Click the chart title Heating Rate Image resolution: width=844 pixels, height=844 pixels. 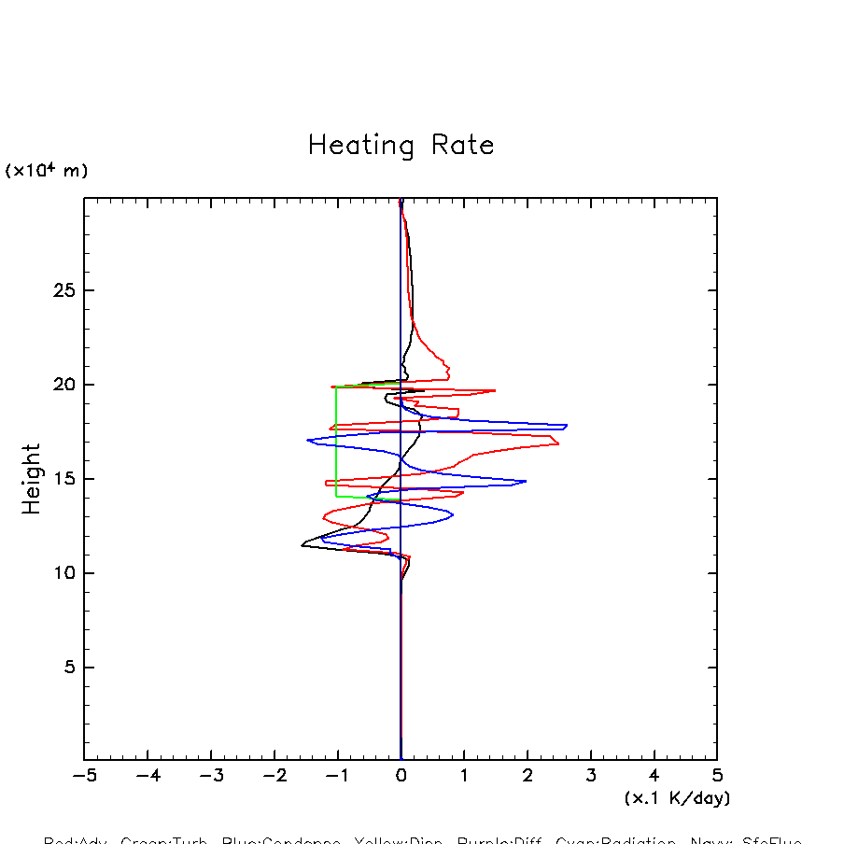[x=401, y=146]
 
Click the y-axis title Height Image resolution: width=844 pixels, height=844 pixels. [x=32, y=479]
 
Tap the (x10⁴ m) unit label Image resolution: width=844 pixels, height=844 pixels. [x=47, y=171]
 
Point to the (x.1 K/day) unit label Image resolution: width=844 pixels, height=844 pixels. [x=677, y=798]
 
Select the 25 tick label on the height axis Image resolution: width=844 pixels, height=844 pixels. [x=63, y=290]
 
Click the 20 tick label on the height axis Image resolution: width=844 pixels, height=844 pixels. [x=63, y=385]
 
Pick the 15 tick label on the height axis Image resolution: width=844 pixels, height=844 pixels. [x=63, y=479]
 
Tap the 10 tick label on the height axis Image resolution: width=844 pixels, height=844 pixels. [x=63, y=573]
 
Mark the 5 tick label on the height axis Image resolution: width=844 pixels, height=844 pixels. [x=68, y=668]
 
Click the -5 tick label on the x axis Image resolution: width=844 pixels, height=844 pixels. [x=84, y=776]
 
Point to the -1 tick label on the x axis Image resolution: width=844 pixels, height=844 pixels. [x=337, y=776]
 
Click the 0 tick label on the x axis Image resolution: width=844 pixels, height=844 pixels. [x=401, y=776]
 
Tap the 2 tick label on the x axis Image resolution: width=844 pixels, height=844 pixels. [x=527, y=776]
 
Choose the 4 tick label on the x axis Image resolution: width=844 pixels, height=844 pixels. [x=654, y=776]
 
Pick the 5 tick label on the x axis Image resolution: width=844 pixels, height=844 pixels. [x=717, y=776]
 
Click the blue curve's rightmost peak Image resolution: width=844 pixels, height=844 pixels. [x=566, y=426]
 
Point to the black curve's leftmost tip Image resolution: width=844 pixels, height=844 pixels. [x=302, y=544]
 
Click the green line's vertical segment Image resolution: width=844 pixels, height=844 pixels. [x=337, y=441]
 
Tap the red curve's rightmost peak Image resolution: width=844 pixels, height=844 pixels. [x=558, y=443]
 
